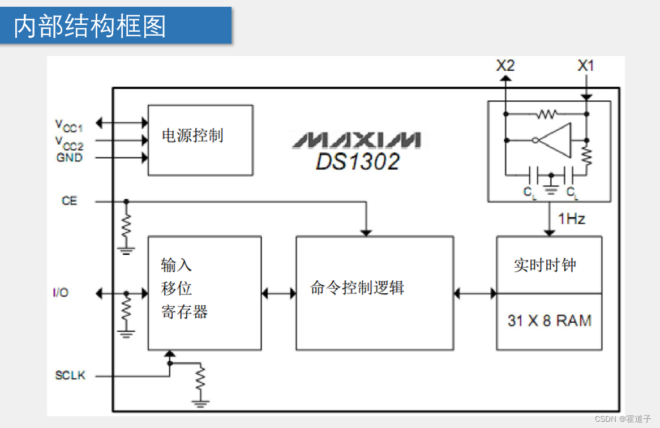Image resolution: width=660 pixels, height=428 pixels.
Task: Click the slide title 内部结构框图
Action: tap(89, 26)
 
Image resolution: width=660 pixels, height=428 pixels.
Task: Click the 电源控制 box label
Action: tap(192, 136)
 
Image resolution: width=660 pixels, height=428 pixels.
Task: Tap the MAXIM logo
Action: tap(356, 140)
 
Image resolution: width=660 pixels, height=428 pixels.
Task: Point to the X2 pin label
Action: tap(505, 66)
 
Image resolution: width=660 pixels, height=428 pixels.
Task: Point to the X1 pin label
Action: tap(586, 66)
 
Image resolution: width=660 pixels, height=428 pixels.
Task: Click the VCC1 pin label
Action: tap(68, 125)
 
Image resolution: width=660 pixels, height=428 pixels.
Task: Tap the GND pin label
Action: tap(69, 158)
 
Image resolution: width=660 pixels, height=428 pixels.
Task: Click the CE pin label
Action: tap(69, 201)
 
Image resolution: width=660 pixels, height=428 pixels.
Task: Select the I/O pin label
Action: tap(61, 293)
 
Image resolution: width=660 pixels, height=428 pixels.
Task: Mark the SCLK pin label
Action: tap(70, 375)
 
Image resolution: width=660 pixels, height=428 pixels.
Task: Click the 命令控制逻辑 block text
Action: tap(357, 288)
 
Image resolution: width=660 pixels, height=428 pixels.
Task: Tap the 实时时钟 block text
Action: tap(545, 265)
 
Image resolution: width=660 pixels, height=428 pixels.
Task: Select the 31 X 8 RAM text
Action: tap(549, 320)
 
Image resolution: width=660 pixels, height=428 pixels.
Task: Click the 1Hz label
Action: tap(572, 219)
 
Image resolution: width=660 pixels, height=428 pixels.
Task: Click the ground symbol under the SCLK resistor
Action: tap(200, 403)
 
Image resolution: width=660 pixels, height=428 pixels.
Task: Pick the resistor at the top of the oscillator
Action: tap(547, 114)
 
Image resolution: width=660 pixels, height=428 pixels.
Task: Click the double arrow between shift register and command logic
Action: tap(278, 293)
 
